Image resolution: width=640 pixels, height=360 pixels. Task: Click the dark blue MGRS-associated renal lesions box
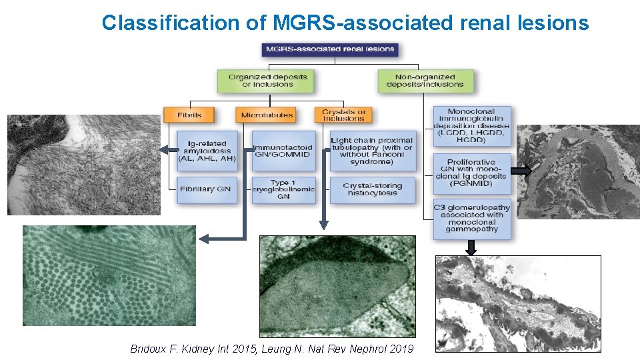[x=331, y=49]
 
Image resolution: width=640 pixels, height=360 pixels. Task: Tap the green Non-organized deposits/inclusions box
[x=425, y=81]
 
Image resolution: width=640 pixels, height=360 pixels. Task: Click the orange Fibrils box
[x=189, y=115]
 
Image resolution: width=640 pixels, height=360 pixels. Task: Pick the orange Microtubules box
[x=267, y=115]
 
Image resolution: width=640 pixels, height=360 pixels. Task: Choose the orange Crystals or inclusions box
[x=343, y=115]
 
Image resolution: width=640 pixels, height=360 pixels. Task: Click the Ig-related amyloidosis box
[x=207, y=151]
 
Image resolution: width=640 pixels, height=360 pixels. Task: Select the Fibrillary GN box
[x=206, y=190]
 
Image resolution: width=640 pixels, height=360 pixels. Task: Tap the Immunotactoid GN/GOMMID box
[x=282, y=151]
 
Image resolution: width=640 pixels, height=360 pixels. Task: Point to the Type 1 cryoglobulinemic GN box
[x=282, y=189]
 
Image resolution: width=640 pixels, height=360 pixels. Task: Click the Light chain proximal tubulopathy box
[x=371, y=151]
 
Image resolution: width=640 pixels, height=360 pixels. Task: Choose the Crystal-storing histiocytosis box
[x=371, y=190]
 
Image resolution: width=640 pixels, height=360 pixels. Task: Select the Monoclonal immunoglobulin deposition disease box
[x=471, y=126]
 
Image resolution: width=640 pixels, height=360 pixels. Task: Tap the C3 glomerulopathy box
[x=471, y=219]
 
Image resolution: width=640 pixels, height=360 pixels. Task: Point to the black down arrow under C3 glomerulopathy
[x=471, y=247]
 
